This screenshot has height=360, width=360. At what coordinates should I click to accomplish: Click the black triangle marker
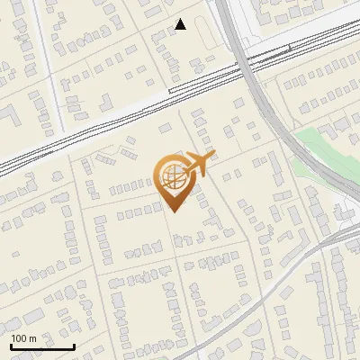coord(181,24)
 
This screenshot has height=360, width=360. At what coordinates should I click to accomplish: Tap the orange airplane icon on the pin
coord(200,164)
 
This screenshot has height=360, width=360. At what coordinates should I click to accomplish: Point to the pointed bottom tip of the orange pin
coord(173,212)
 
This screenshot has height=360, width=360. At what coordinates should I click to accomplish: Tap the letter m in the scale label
coord(32,338)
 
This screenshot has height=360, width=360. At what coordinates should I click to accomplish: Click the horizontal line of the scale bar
coord(42,346)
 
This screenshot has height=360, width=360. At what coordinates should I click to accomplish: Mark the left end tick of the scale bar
coord(11,345)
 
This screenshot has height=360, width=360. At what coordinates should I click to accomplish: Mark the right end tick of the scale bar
coord(74,345)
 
